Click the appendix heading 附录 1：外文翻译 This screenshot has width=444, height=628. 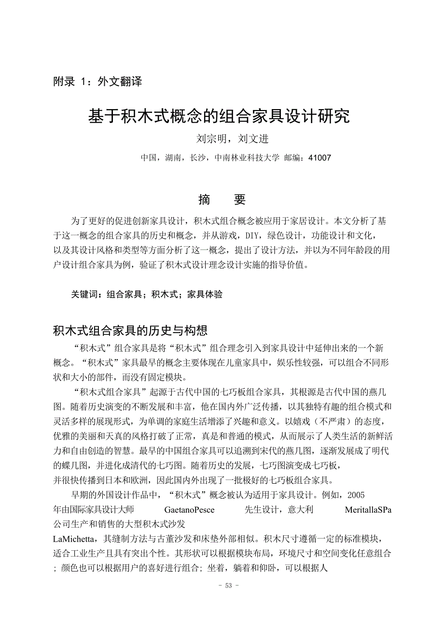point(97,82)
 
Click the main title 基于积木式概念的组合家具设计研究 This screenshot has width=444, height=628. point(219,116)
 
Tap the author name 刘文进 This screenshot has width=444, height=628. point(253,139)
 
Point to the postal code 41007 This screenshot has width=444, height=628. point(320,158)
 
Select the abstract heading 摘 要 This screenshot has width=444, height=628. point(222,199)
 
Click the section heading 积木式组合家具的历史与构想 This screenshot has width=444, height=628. point(130,331)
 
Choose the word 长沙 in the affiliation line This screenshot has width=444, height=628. point(198,158)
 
